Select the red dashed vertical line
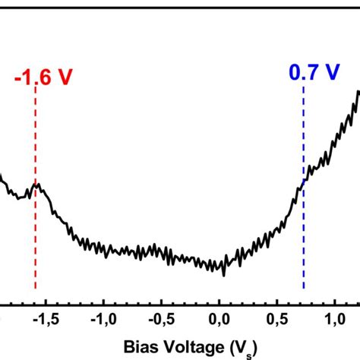coord(35,235)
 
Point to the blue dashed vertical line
coord(304,228)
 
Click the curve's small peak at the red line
coord(36,185)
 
